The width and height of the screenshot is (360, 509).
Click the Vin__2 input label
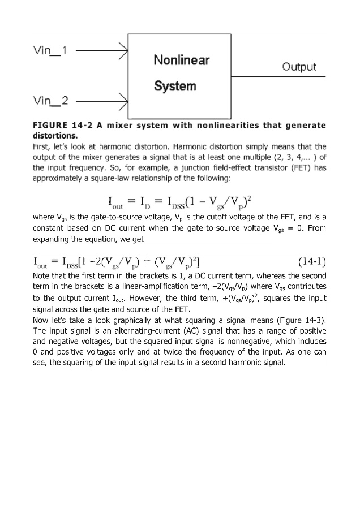pos(51,102)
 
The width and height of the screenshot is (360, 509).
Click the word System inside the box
pos(175,86)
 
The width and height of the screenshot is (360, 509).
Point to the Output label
pos(299,67)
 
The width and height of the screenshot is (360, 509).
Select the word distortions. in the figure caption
pos(52,135)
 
